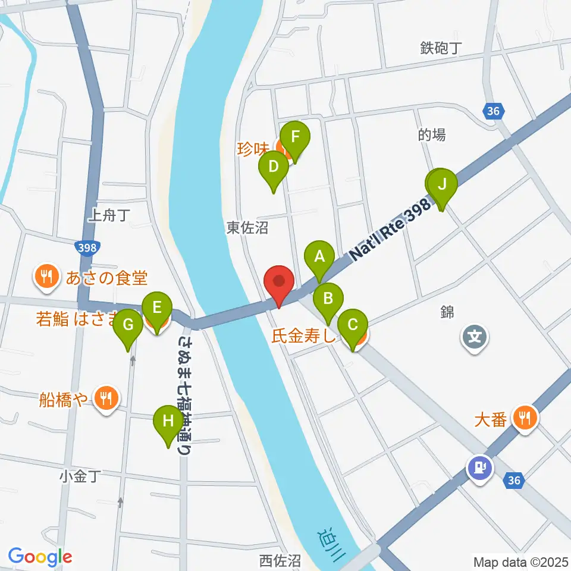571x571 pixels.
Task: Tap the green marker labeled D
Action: point(273,166)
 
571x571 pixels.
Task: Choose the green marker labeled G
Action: point(128,325)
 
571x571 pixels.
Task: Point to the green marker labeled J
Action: point(442,184)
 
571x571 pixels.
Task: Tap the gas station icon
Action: point(480,466)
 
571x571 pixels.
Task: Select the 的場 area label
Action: point(431,135)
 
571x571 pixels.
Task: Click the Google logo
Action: point(40,557)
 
